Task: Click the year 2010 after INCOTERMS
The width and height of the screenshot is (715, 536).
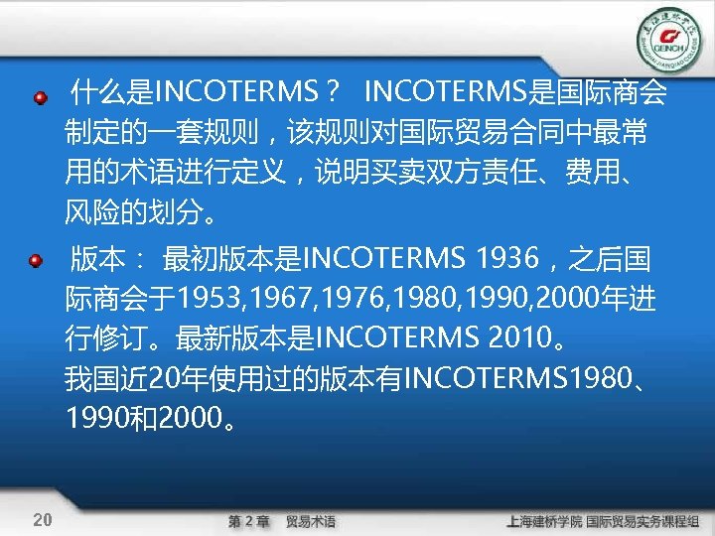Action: pyautogui.click(x=521, y=340)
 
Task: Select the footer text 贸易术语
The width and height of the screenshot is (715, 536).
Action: pyautogui.click(x=311, y=521)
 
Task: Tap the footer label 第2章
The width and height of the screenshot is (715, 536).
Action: pyautogui.click(x=248, y=521)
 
